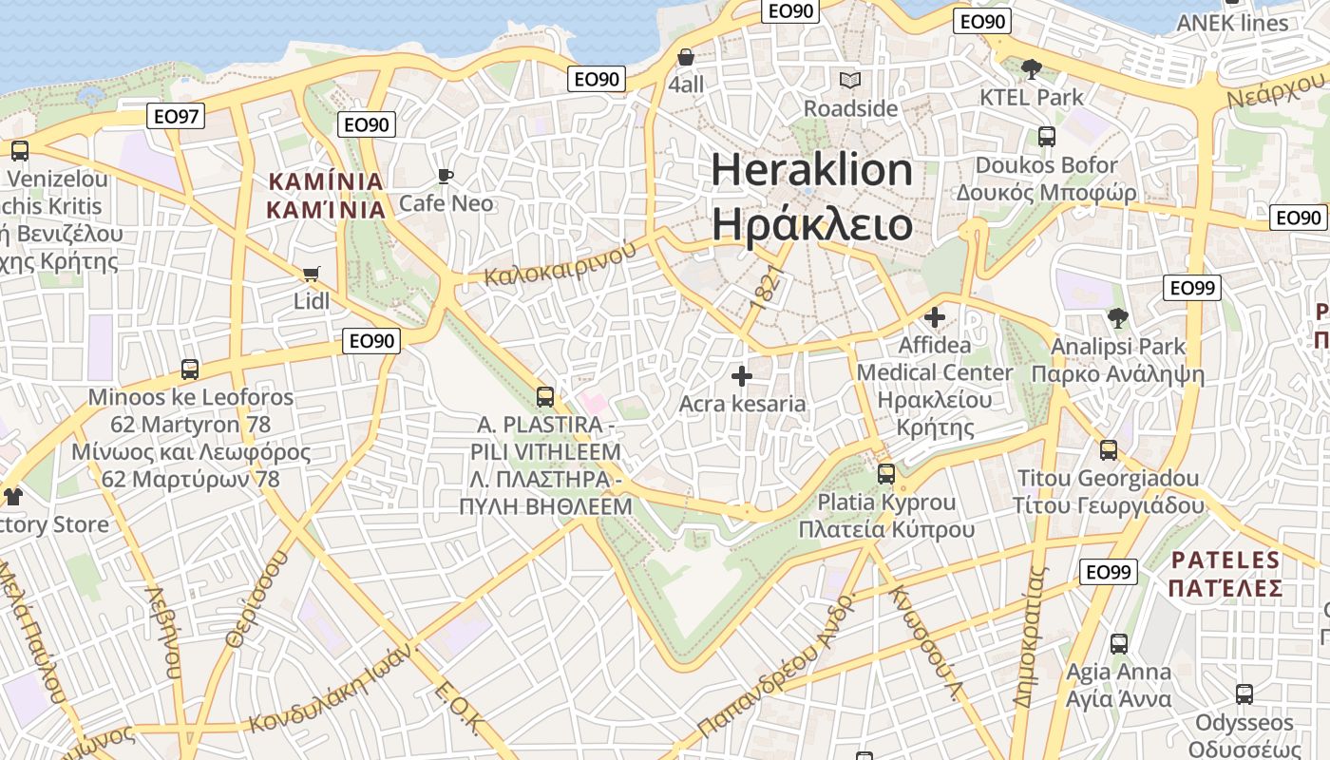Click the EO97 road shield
click(177, 117)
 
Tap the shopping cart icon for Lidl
click(311, 275)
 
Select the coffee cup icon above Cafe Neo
click(445, 176)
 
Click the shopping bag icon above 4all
click(686, 57)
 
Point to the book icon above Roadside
click(850, 81)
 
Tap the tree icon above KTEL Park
click(1031, 69)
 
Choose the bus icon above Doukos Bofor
click(1046, 137)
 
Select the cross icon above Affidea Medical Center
click(935, 317)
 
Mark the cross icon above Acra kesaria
click(742, 377)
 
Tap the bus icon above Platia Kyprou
click(886, 473)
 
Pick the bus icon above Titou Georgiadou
click(1108, 450)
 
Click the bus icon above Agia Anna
click(1118, 644)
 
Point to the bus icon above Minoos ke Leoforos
click(190, 370)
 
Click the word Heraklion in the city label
click(811, 170)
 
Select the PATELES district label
click(1225, 559)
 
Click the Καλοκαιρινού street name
click(560, 264)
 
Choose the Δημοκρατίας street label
click(1030, 636)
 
